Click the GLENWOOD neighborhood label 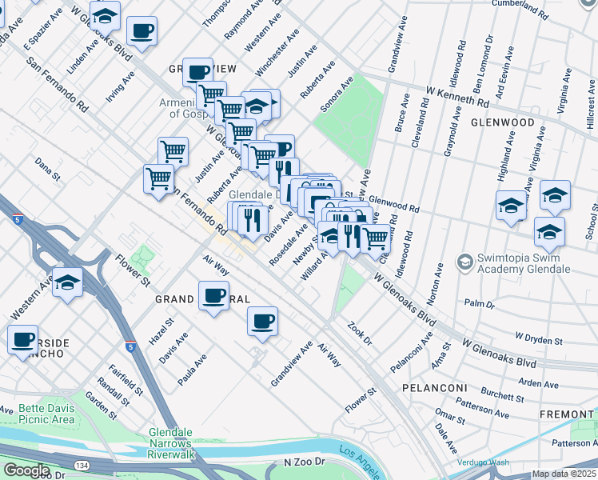pyautogui.click(x=502, y=123)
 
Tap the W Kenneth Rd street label pyautogui.click(x=457, y=97)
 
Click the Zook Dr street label pyautogui.click(x=359, y=334)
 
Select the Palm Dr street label pyautogui.click(x=480, y=304)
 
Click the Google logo pyautogui.click(x=26, y=470)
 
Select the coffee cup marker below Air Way pyautogui.click(x=262, y=322)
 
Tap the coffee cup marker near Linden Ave pyautogui.click(x=142, y=31)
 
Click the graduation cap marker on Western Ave pyautogui.click(x=68, y=282)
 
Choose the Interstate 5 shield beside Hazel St pyautogui.click(x=130, y=347)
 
